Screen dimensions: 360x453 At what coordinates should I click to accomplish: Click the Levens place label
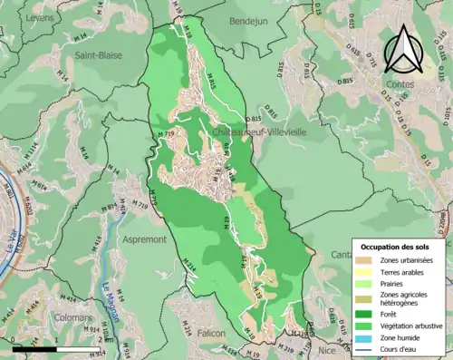(40, 17)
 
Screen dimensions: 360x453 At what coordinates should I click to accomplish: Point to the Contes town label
(399, 84)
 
